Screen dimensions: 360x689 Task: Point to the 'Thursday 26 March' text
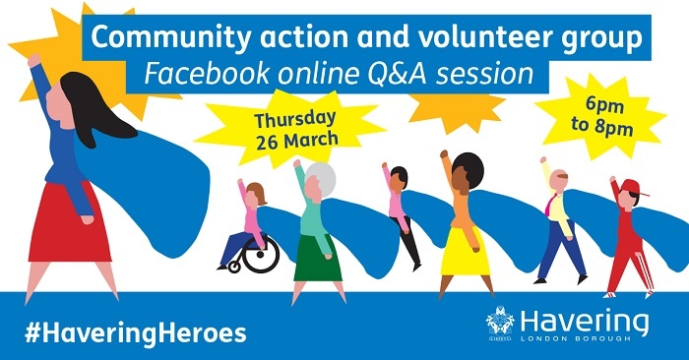point(295,129)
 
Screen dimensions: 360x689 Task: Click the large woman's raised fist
point(34,61)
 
